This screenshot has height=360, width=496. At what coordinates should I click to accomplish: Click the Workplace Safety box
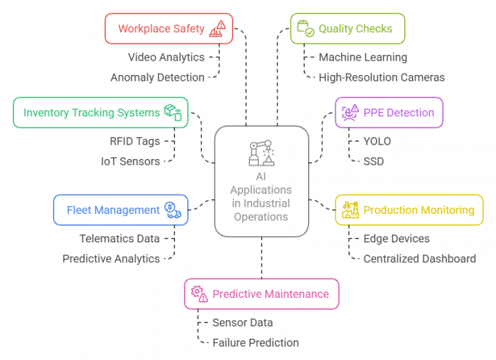tap(169, 28)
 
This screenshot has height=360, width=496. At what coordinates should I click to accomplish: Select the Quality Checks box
tap(347, 28)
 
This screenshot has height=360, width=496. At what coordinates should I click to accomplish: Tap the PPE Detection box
tap(389, 112)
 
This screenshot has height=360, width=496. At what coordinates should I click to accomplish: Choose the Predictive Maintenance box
tap(262, 294)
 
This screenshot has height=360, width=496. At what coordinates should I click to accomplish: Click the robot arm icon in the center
tap(262, 153)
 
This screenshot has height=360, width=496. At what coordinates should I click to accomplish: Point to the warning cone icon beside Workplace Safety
tap(218, 29)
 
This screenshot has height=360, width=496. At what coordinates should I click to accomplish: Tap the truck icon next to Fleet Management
tap(172, 210)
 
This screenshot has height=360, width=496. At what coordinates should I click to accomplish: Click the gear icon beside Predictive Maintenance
tap(200, 294)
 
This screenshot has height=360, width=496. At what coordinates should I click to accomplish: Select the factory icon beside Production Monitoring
tap(351, 210)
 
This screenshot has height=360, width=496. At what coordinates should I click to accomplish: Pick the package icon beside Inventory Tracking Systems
tap(172, 112)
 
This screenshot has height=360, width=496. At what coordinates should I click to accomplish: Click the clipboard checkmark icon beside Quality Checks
tap(305, 28)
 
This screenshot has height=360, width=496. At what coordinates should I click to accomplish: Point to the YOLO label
tap(377, 141)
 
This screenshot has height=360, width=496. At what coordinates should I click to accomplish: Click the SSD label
tap(373, 162)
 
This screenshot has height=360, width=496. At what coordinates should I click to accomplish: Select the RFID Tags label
tap(135, 141)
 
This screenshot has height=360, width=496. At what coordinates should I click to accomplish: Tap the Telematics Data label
tap(119, 238)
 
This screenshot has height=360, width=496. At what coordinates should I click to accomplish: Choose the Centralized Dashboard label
tap(419, 259)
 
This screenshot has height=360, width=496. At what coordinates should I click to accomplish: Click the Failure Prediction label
tap(256, 343)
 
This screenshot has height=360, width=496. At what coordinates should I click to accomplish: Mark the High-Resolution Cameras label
tap(382, 78)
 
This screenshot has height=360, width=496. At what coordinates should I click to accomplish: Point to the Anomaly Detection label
tap(158, 78)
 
